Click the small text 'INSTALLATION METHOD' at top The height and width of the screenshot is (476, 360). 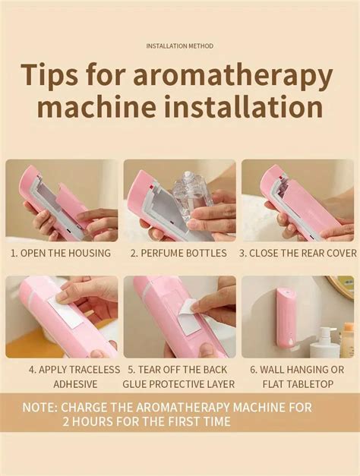point(180,46)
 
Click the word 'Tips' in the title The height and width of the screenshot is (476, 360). point(55,77)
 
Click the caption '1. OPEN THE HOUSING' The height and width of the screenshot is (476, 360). point(61,254)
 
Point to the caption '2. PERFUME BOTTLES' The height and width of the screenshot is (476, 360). point(179,254)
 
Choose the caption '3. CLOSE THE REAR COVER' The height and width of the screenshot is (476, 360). point(298,254)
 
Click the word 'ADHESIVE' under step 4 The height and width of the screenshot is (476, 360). point(75,384)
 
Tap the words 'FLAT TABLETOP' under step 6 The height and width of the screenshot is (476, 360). point(296,384)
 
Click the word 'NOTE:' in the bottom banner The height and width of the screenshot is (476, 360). point(39,407)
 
